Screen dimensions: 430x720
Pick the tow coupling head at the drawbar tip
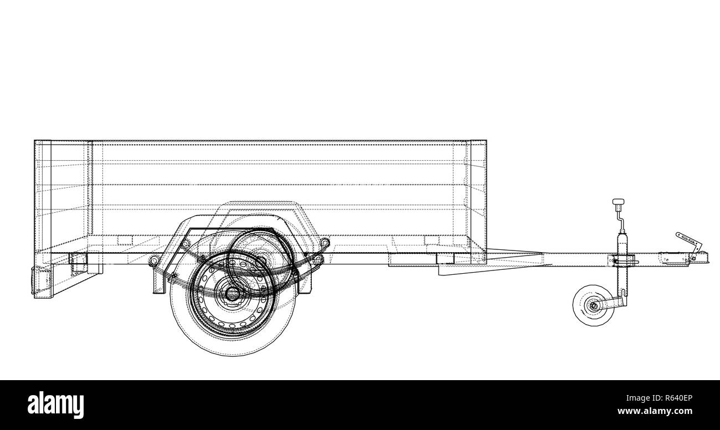700,258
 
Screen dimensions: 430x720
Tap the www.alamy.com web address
663,412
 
